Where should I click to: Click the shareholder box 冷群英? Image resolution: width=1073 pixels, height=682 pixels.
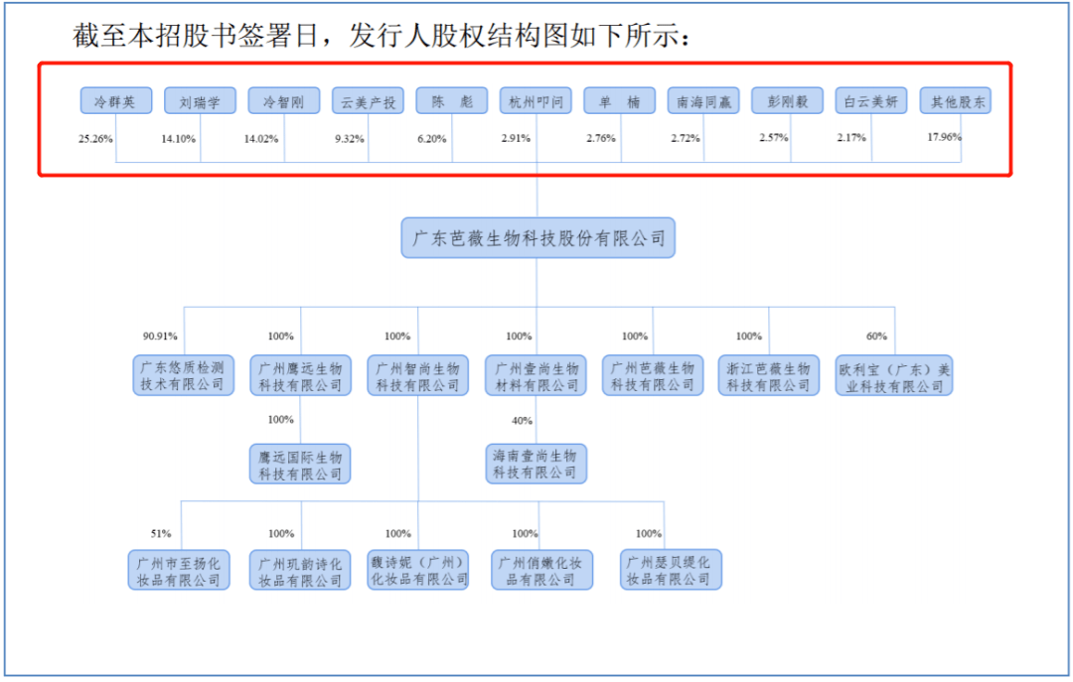[115, 101]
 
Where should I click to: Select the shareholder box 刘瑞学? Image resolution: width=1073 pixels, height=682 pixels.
[200, 101]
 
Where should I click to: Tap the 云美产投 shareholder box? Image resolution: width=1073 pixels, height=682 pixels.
[368, 101]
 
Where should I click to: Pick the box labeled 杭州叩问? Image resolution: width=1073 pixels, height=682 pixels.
[536, 101]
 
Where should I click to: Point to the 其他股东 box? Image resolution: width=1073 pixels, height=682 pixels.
[955, 101]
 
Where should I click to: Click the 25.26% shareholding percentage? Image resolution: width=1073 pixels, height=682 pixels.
[96, 138]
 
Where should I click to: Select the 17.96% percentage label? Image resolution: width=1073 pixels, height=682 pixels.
[945, 138]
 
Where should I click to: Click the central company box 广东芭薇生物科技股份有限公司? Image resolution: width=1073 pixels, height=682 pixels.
[537, 238]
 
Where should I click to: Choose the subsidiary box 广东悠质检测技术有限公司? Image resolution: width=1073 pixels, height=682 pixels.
[180, 376]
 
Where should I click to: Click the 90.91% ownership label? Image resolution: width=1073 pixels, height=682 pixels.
[160, 336]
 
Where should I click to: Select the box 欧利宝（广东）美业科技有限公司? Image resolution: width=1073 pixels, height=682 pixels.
[894, 376]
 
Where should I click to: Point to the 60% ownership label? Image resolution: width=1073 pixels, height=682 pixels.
[876, 336]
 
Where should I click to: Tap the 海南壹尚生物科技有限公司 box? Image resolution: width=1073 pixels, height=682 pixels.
[536, 464]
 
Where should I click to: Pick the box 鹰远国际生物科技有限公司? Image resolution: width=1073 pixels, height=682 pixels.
[300, 464]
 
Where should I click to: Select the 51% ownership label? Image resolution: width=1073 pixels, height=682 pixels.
[161, 534]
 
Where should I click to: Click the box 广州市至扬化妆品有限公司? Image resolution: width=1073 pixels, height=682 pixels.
[179, 570]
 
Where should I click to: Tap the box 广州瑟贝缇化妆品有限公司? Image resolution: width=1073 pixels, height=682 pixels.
[671, 570]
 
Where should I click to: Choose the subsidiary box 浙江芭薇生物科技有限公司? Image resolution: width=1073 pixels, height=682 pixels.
[769, 376]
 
